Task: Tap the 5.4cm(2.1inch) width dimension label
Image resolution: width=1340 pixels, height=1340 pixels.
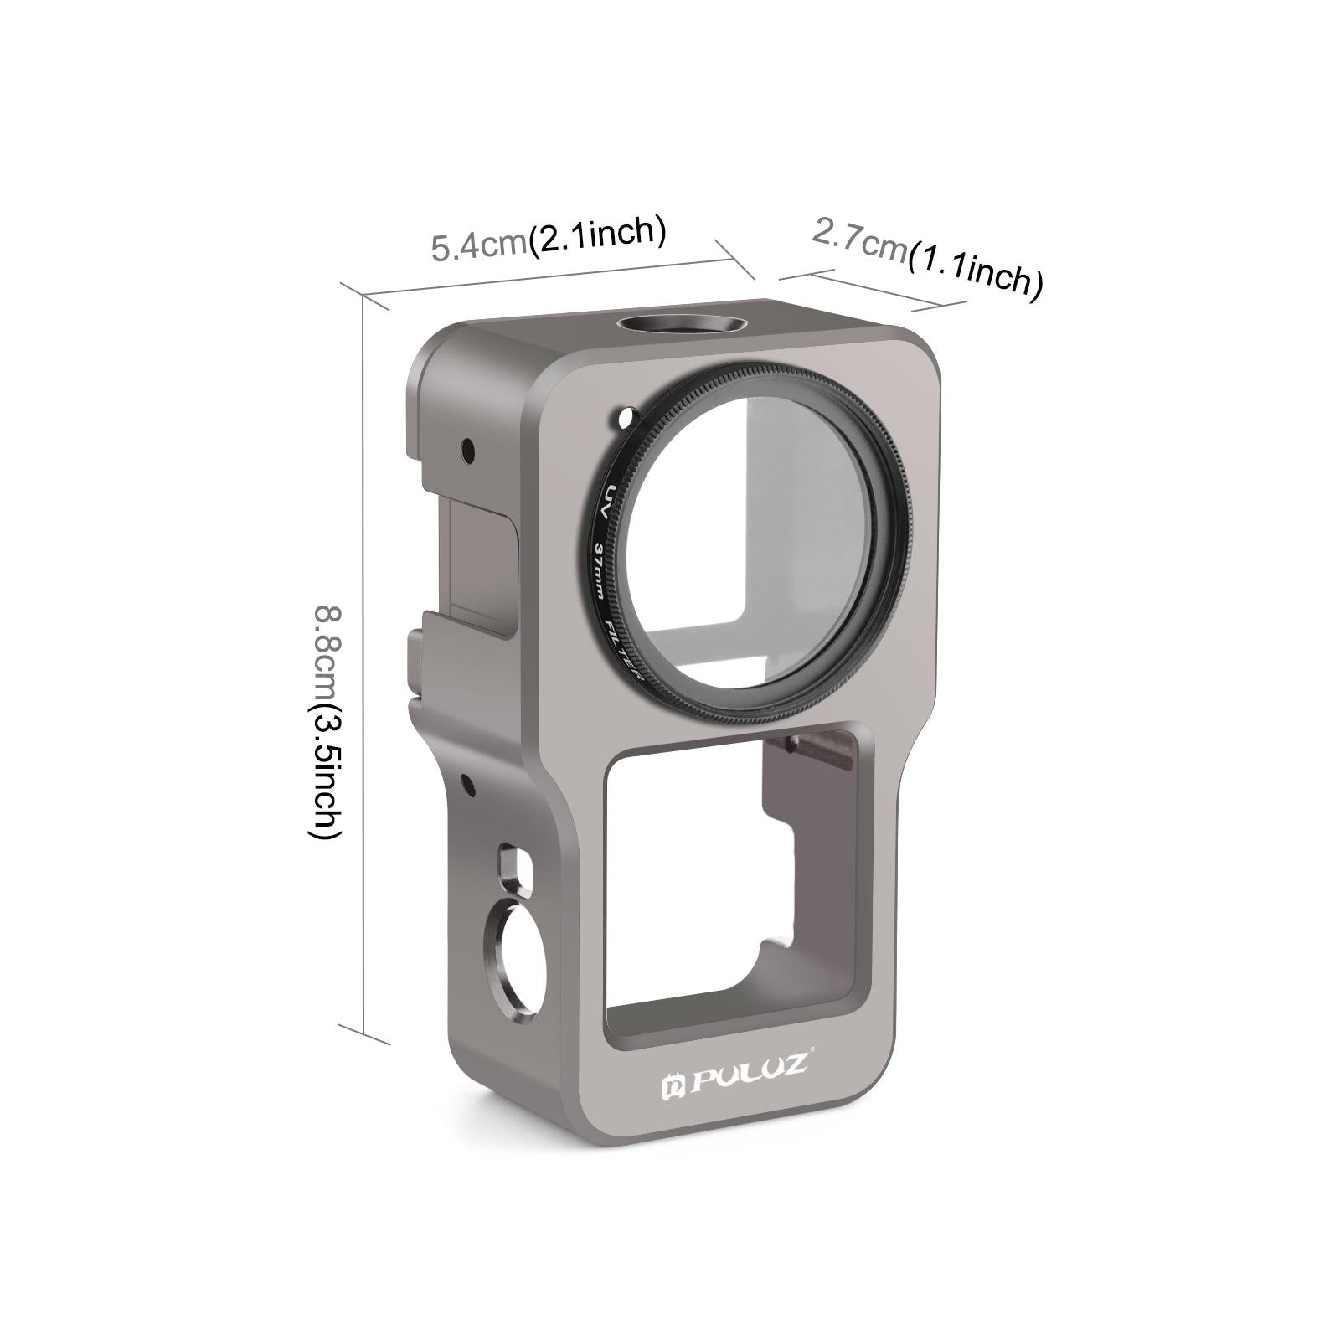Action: tap(549, 238)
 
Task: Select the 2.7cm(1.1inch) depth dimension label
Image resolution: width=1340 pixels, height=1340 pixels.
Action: tap(927, 258)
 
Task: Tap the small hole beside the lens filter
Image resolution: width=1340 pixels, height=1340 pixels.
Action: tap(621, 415)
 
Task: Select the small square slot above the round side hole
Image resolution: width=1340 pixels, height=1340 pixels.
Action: tap(510, 868)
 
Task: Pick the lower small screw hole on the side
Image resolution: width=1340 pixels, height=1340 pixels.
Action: tap(467, 786)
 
